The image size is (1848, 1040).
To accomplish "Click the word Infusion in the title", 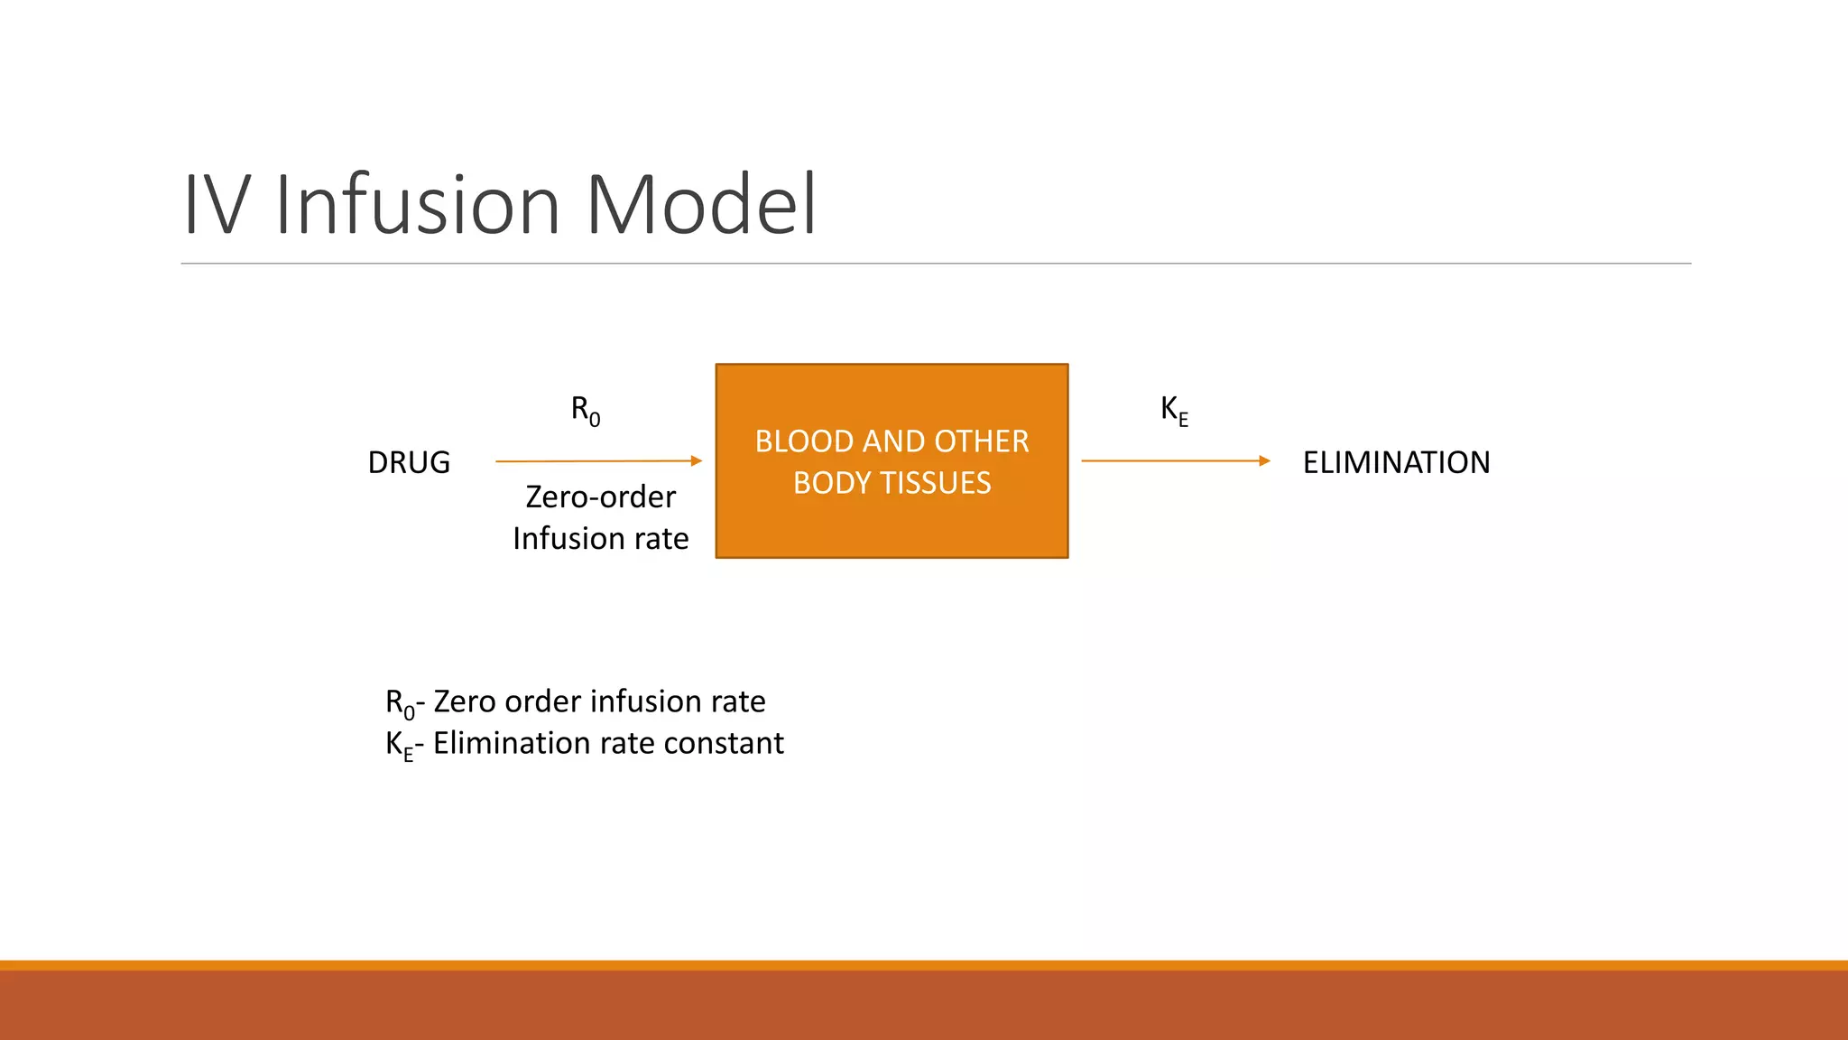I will tap(417, 205).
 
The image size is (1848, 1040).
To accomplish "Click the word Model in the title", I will tap(701, 205).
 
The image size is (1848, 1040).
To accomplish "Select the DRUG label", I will tap(409, 462).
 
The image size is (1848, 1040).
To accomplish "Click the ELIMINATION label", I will tap(1396, 462).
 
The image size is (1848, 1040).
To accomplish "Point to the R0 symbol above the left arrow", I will tap(585, 410).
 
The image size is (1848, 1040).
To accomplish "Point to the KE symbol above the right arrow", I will tap(1173, 410).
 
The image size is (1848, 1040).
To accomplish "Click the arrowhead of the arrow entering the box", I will tap(696, 461).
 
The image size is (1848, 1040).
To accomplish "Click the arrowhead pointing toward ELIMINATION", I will tap(1264, 461).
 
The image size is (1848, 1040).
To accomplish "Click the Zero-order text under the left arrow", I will tap(600, 497).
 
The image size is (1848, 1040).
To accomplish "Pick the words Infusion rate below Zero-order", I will tap(600, 539).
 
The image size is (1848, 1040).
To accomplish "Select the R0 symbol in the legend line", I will tap(399, 702).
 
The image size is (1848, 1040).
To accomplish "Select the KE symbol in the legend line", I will tap(398, 745).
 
